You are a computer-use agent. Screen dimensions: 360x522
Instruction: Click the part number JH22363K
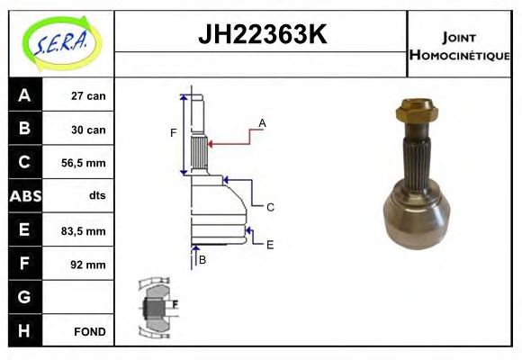point(261,35)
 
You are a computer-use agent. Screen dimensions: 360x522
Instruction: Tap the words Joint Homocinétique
point(459,46)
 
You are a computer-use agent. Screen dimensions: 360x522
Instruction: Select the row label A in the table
point(24,95)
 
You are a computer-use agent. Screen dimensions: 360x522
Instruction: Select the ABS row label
point(25,196)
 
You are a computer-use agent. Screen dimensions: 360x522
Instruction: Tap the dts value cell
point(96,196)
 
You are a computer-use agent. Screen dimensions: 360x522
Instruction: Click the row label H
point(24,331)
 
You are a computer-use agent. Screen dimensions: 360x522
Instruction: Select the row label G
point(24,297)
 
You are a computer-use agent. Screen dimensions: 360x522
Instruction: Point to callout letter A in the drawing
point(262,122)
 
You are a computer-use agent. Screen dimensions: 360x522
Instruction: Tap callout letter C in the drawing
point(270,207)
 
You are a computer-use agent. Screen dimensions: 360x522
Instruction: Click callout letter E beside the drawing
point(270,244)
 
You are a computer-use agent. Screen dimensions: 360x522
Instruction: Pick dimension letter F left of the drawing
point(174,133)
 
